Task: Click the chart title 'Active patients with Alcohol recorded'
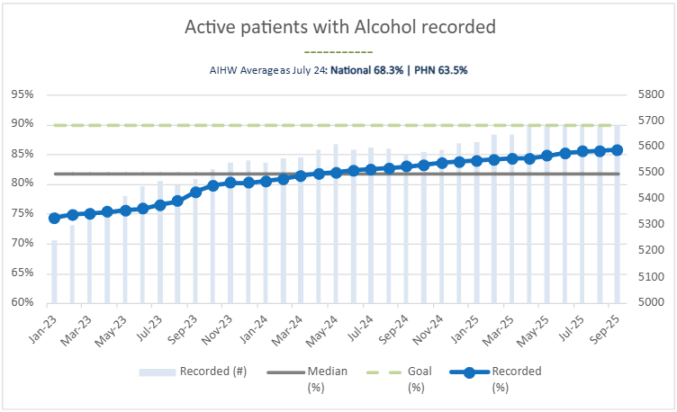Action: (x=339, y=27)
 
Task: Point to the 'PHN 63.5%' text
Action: (x=441, y=69)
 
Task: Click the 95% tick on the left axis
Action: (x=22, y=94)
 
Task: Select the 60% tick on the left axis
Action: (x=22, y=303)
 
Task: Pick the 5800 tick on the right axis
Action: (x=650, y=94)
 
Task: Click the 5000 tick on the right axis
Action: (x=650, y=303)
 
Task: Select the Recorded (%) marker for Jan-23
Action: (x=54, y=218)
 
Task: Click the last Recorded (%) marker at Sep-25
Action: (x=617, y=150)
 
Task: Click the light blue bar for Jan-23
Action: (x=54, y=270)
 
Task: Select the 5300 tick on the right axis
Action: (x=650, y=225)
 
